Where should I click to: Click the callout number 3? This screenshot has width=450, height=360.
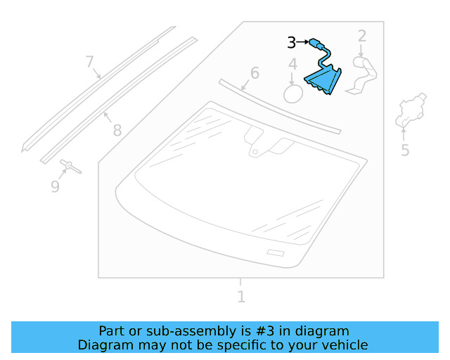[291, 43]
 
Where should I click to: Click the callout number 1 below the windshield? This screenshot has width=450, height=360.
[241, 297]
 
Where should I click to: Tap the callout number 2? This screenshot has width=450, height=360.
[362, 36]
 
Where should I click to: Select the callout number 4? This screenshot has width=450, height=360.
[292, 66]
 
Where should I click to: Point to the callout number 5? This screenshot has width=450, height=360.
[405, 150]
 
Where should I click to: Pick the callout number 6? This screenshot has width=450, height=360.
[255, 73]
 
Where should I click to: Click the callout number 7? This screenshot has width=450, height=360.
[89, 62]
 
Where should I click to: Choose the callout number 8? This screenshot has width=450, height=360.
[117, 130]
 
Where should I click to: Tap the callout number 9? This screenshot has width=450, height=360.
[55, 186]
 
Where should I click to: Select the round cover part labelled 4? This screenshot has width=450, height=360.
[292, 94]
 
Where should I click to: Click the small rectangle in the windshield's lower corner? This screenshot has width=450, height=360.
[275, 253]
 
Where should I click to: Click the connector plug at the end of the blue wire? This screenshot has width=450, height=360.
[313, 44]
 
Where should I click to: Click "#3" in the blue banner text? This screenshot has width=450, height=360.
[279, 331]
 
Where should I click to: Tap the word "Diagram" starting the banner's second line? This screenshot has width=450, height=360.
[103, 345]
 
